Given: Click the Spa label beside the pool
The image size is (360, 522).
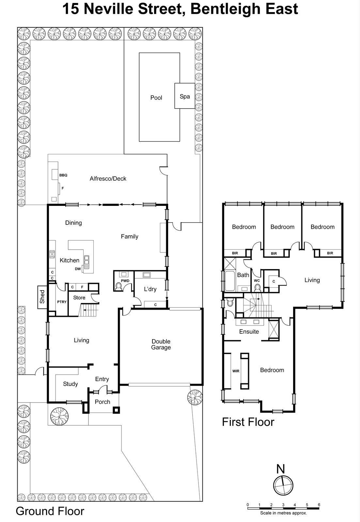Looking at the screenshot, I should [x=185, y=96].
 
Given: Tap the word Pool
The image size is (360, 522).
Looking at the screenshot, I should [x=156, y=98].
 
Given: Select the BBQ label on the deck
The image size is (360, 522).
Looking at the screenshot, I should [x=63, y=175].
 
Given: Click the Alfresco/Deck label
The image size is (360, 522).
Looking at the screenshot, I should [x=108, y=178].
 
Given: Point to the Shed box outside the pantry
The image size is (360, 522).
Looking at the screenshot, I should [x=42, y=297].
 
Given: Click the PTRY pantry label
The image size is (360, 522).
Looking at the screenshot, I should [x=62, y=302].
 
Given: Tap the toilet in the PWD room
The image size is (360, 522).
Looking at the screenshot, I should [x=119, y=286].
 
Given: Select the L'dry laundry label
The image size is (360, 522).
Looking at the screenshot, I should [x=150, y=289].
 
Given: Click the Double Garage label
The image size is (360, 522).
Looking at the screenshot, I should [x=161, y=344].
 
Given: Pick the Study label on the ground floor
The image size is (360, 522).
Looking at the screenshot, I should [x=70, y=384].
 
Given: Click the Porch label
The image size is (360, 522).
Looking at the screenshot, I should [x=102, y=402].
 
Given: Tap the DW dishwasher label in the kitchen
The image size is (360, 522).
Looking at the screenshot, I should [x=78, y=269].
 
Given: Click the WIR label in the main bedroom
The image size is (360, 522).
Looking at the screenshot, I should [x=236, y=371].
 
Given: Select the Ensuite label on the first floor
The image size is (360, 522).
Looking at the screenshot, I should [x=249, y=331].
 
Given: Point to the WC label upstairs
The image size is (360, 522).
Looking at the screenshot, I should [x=257, y=280].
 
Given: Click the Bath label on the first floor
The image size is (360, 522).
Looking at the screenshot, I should [x=243, y=275].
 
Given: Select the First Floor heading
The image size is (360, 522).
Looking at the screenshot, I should [x=248, y=422].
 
